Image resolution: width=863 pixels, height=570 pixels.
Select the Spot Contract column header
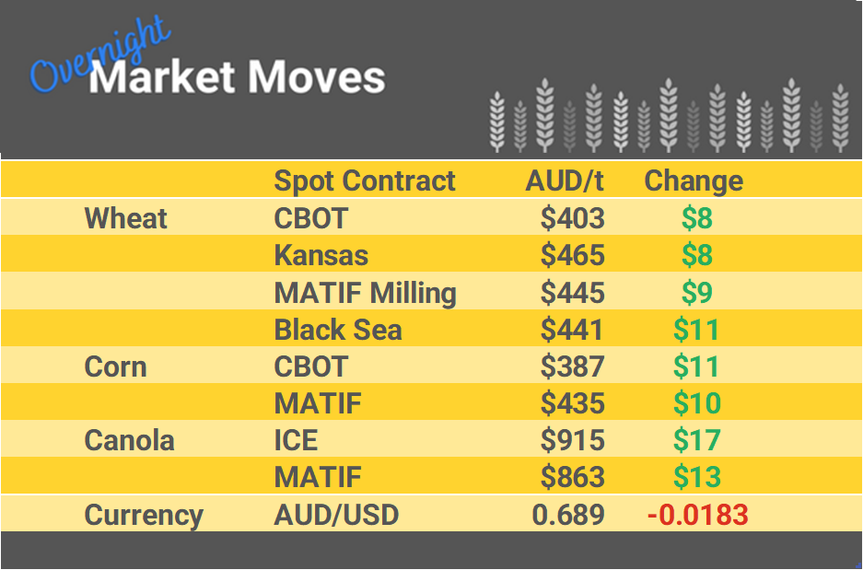point(365,181)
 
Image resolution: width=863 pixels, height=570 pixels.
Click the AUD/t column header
point(564,181)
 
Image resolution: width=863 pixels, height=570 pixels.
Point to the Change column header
point(694,181)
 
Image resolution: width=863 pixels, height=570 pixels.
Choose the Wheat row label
point(126,219)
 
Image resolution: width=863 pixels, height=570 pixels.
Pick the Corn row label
point(115,366)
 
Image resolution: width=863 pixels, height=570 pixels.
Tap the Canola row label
point(129,440)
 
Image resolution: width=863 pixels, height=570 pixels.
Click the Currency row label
point(144,515)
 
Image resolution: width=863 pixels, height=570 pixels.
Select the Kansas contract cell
point(321,256)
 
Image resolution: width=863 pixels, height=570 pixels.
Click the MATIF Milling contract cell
point(365,293)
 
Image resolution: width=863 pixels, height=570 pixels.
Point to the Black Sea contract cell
point(338,330)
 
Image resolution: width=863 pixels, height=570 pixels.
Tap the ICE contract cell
point(296,440)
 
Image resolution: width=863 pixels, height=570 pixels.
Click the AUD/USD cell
point(336,515)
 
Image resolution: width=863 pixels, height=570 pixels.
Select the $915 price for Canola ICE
point(572,440)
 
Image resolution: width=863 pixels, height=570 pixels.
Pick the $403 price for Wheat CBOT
point(572,219)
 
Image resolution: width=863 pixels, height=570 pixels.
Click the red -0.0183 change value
point(697,515)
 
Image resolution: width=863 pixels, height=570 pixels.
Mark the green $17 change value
point(696,440)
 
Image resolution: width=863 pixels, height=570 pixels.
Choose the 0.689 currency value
point(568,515)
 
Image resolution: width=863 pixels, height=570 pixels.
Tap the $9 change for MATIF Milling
point(696,293)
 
